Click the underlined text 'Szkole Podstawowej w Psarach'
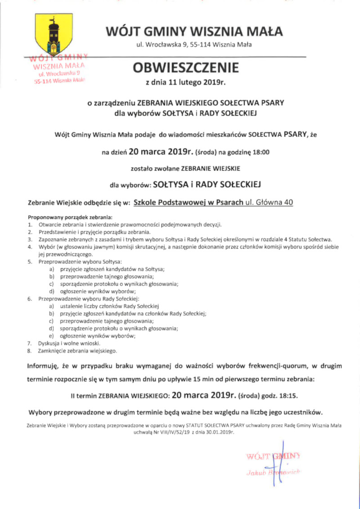tap(189, 202)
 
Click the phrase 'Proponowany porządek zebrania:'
tap(63, 217)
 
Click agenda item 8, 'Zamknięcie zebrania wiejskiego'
tap(77, 350)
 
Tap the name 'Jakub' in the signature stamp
tap(255, 472)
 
